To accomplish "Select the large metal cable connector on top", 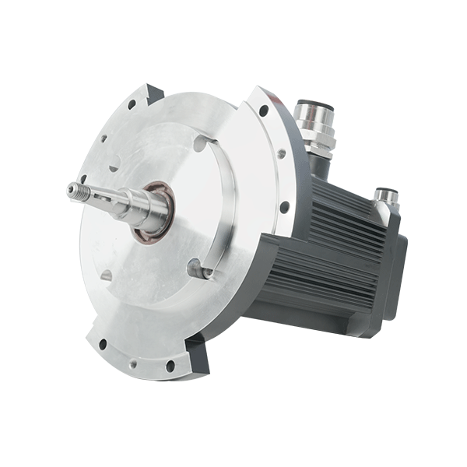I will [x=314, y=125].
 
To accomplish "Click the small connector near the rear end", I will [x=385, y=198].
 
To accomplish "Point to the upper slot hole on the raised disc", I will [x=201, y=142].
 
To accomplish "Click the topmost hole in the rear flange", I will [x=263, y=111].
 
